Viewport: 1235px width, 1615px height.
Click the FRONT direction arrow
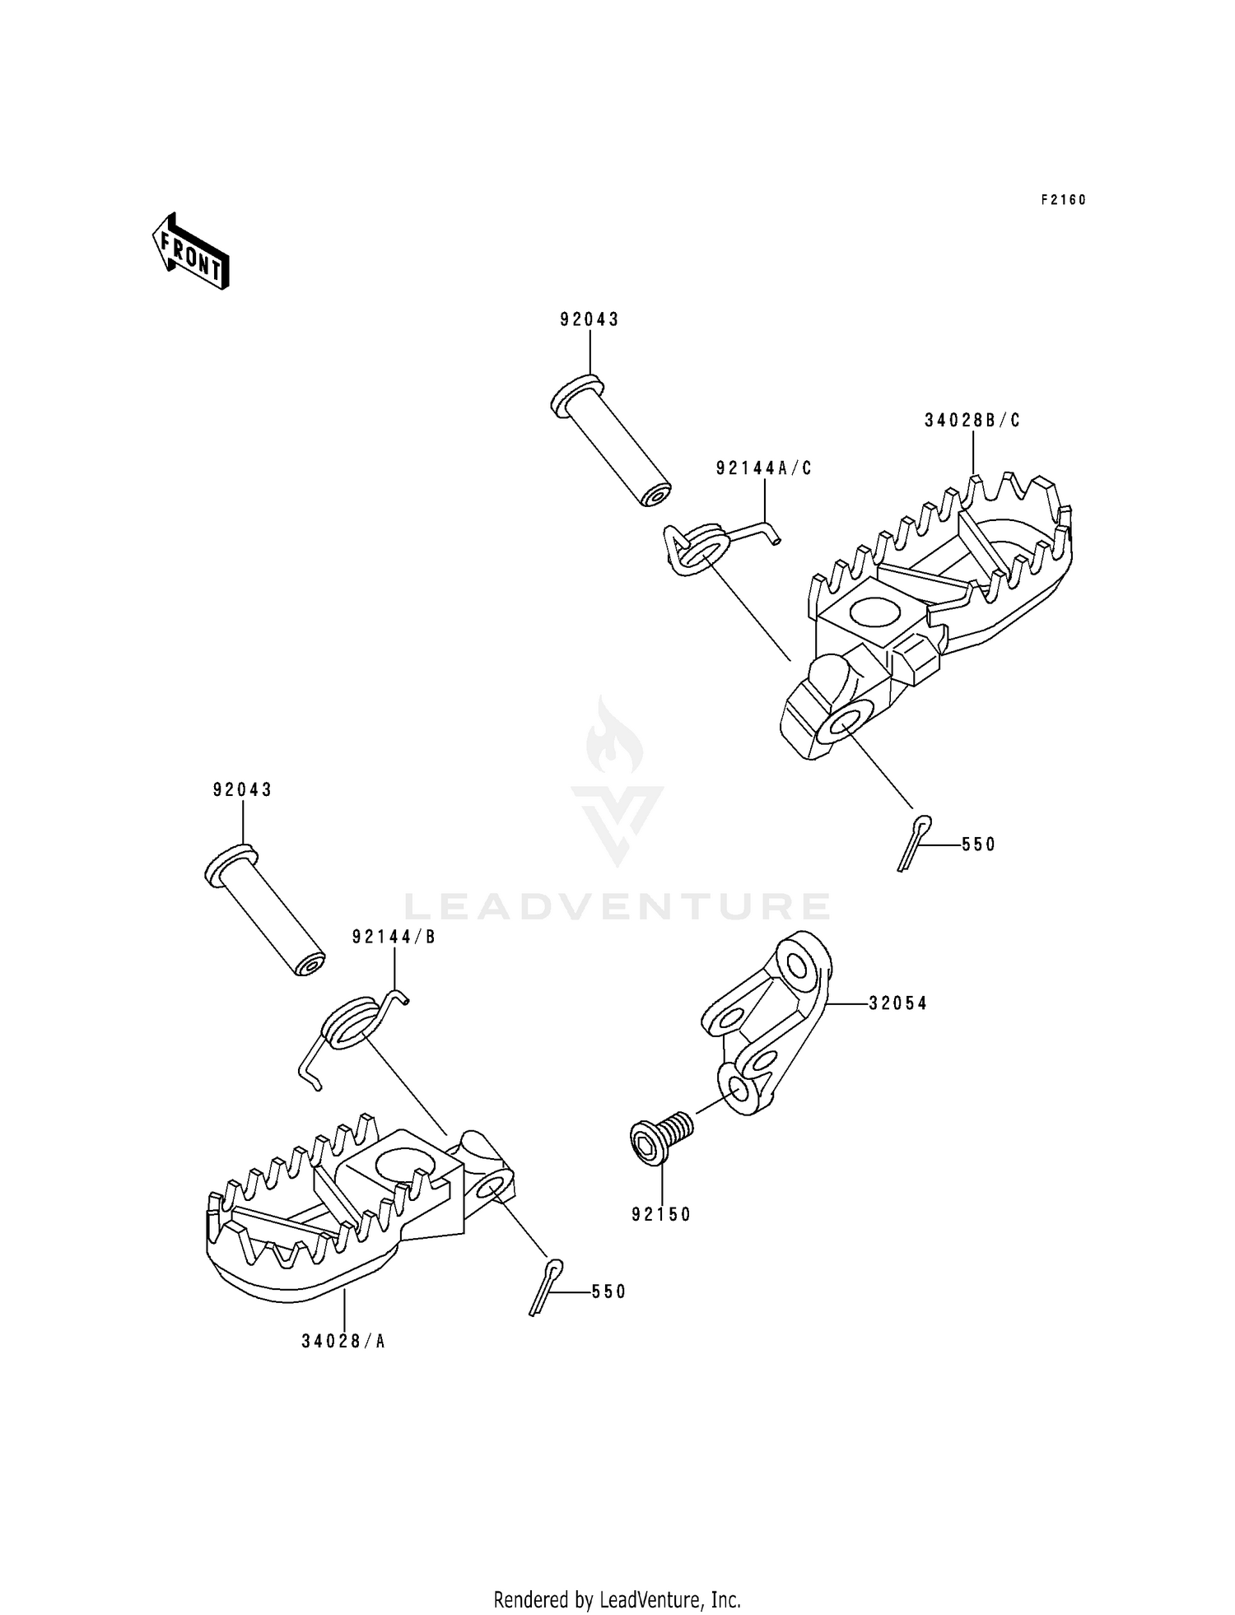click(x=190, y=251)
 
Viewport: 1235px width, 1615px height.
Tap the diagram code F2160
click(x=1064, y=200)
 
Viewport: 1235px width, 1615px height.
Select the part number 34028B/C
click(x=972, y=421)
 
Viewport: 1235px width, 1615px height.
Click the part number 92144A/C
click(x=764, y=468)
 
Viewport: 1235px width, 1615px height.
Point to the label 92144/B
click(x=394, y=937)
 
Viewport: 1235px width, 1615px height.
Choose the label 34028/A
click(x=343, y=1341)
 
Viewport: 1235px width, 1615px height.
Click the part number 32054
click(x=897, y=1003)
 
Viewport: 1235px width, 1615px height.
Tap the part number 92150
click(x=662, y=1214)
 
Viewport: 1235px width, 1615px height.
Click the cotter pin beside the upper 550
click(x=914, y=842)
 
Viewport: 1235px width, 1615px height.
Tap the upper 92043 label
click(x=590, y=320)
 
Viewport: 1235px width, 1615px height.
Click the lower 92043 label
click(x=242, y=790)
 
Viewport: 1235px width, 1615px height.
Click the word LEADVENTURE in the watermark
click(x=617, y=906)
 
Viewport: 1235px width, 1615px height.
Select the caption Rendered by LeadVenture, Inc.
click(x=617, y=1599)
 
